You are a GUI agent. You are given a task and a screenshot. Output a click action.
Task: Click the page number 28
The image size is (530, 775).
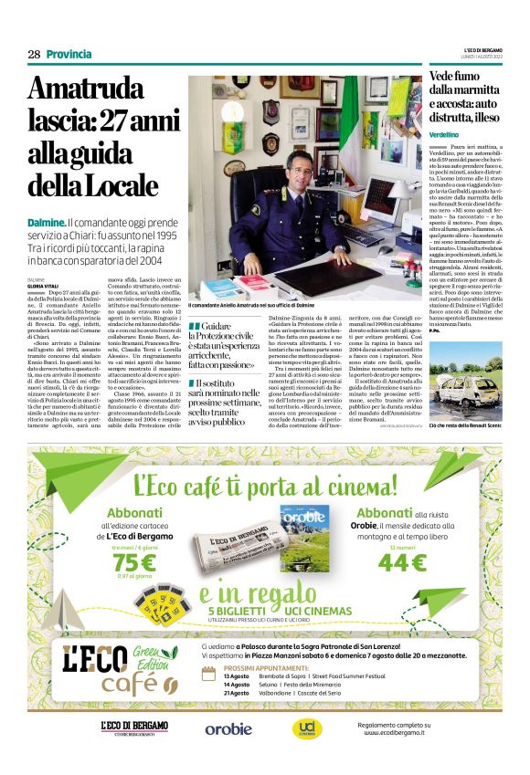(x=34, y=54)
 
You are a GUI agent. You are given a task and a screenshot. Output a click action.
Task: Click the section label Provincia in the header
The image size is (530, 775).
(x=69, y=54)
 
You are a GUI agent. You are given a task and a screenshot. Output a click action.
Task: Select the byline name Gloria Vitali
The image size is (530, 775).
(x=43, y=284)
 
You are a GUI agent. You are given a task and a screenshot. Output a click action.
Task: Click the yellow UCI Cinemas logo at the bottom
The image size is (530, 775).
(x=302, y=728)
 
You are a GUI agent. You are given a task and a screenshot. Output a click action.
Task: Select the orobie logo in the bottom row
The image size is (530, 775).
(x=228, y=728)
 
